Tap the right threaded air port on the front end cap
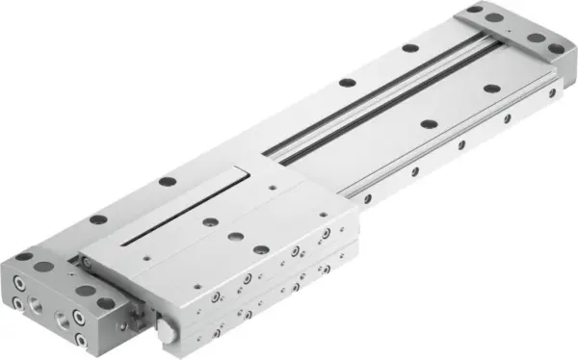pyautogui.click(x=69, y=319)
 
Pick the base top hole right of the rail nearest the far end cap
pyautogui.click(x=491, y=89)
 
